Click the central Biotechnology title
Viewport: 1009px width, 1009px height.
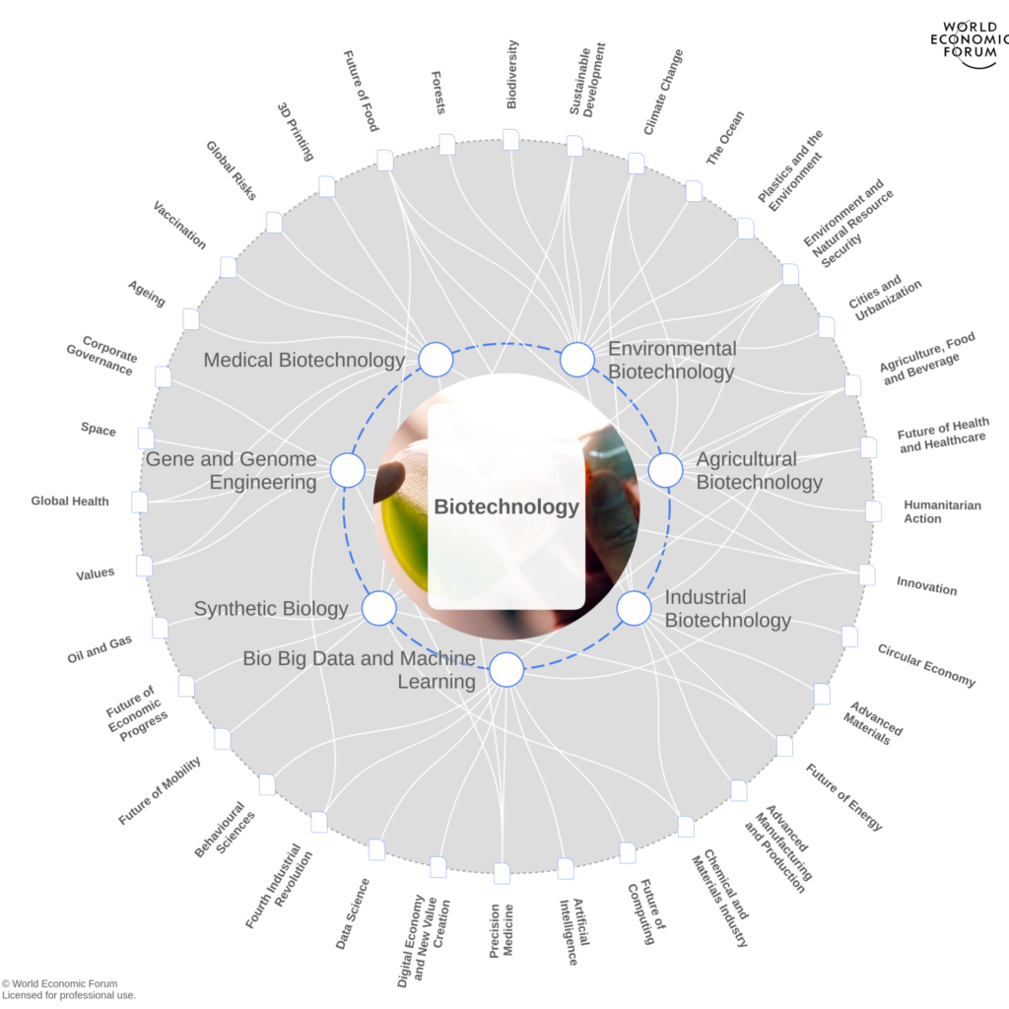pyautogui.click(x=506, y=507)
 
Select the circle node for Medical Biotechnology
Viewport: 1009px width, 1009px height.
pyautogui.click(x=436, y=360)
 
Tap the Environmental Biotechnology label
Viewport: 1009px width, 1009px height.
pyautogui.click(x=671, y=361)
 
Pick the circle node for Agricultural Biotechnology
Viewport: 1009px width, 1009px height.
pyautogui.click(x=665, y=470)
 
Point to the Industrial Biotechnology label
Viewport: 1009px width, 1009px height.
pyautogui.click(x=727, y=609)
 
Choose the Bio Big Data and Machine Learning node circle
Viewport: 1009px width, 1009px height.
pyautogui.click(x=506, y=670)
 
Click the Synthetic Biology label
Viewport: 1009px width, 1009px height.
pyautogui.click(x=271, y=609)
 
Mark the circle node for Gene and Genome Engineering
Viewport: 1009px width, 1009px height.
pyautogui.click(x=347, y=470)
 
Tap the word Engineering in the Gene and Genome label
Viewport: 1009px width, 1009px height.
pyautogui.click(x=263, y=483)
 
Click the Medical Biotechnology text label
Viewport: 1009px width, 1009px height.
pyautogui.click(x=303, y=361)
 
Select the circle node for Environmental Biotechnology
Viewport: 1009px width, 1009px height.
pyautogui.click(x=577, y=360)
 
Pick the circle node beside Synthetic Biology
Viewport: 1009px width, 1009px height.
pyautogui.click(x=379, y=609)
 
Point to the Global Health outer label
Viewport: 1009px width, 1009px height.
pyautogui.click(x=69, y=502)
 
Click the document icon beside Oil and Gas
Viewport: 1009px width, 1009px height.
pyautogui.click(x=160, y=628)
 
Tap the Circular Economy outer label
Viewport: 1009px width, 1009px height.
pyautogui.click(x=926, y=666)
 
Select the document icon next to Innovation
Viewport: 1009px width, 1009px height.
pyautogui.click(x=867, y=574)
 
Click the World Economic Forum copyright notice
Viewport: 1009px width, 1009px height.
pyautogui.click(x=66, y=988)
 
